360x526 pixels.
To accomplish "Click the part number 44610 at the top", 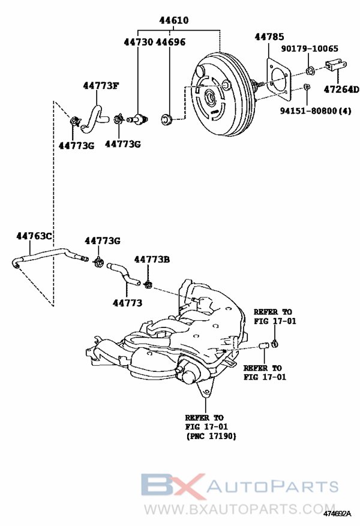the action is pos(173,20).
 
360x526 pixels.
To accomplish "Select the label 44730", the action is pos(138,42).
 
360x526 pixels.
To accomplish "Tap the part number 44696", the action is pos(170,42).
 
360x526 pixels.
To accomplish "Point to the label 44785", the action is pos(269,37).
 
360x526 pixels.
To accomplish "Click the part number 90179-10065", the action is pos(310,49).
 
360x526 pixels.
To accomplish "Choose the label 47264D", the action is pos(341,89).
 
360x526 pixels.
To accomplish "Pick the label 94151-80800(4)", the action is pos(316,110).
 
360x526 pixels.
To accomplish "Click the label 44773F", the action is pos(101,86).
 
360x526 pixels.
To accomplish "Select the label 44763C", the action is pos(34,236).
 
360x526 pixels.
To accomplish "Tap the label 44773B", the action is pos(152,259).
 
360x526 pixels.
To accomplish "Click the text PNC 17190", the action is pos(211,436).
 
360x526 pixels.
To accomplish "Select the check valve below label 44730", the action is pos(137,118).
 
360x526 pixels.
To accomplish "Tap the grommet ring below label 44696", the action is pos(166,119).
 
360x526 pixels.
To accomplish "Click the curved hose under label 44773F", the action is pos(94,118).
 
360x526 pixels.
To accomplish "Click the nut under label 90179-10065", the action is pos(310,71).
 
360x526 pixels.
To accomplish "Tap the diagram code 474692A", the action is pos(337,513).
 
